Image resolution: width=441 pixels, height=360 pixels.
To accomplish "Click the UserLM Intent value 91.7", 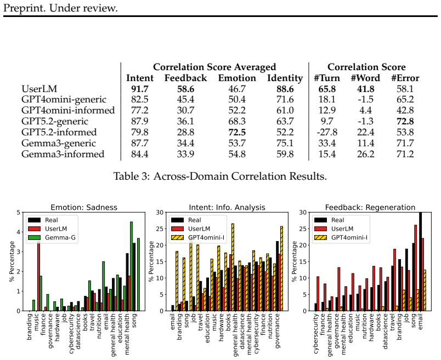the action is pos(140,89).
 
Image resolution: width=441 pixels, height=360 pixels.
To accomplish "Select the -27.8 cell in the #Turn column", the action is pos(327,133).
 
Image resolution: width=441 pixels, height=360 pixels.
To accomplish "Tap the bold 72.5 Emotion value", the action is pos(237,133).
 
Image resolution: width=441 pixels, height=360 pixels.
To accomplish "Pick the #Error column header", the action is pos(405,78).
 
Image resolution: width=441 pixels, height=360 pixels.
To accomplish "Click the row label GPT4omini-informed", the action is pos(68,111).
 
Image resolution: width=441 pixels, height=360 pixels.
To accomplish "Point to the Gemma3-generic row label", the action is pos(59,144).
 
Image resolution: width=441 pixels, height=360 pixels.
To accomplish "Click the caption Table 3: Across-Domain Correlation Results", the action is pos(220,176).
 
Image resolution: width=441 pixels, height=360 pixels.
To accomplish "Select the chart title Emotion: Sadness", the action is pos(84,208).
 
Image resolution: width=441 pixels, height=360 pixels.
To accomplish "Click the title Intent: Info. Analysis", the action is pos(227,208).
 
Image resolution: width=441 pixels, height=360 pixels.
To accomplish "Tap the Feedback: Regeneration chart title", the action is pos(370,208).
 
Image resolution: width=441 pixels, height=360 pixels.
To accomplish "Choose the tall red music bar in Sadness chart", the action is pos(39,276).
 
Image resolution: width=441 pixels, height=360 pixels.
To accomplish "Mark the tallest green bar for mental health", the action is pos(131,266).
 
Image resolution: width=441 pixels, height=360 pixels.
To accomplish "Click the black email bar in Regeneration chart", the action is pos(421,261).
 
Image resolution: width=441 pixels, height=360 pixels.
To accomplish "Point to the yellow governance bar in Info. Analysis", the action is pos(281,268).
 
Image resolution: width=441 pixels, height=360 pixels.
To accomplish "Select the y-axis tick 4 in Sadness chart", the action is pos(19,232).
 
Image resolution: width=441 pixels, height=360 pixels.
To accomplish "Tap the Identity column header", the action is pos(285,78).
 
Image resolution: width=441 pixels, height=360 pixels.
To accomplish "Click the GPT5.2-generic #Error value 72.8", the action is pos(405,122).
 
